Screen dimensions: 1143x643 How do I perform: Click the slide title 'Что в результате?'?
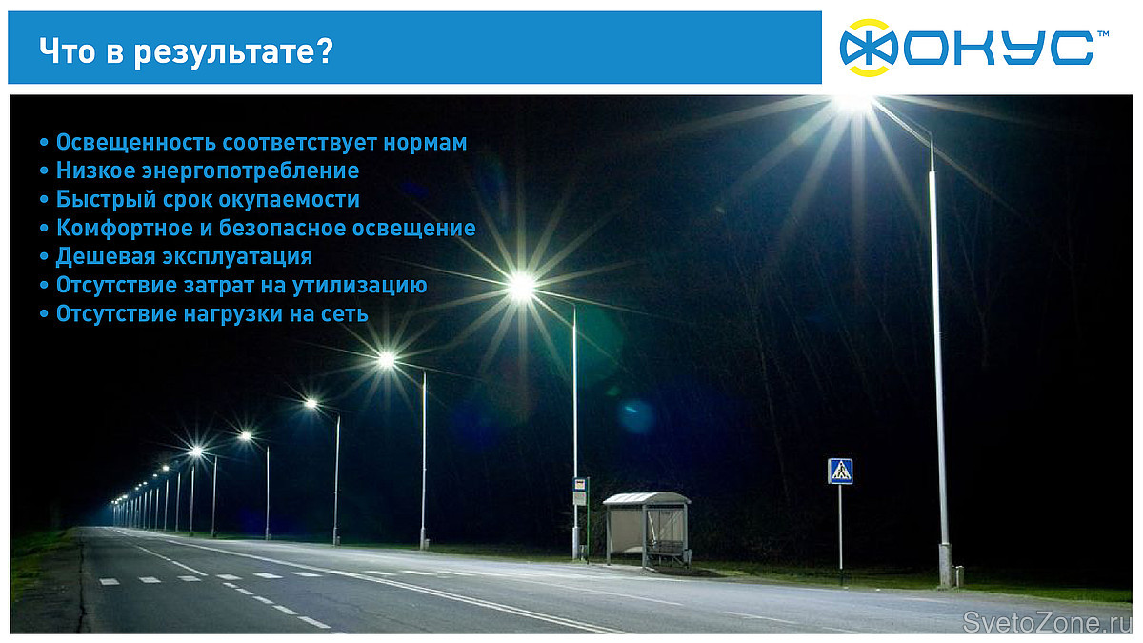187,51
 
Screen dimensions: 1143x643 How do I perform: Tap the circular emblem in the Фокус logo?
869,48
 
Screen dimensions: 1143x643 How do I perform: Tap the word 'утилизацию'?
360,285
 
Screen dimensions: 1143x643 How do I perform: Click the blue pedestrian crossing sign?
840,471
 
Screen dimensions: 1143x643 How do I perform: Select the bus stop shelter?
647,530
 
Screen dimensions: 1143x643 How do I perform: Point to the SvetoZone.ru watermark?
1040,621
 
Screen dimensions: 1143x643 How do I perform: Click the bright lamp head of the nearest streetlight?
853,104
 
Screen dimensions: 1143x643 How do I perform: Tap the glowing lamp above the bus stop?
522,287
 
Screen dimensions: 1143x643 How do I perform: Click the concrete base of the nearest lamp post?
946,566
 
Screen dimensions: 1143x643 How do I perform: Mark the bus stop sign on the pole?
580,491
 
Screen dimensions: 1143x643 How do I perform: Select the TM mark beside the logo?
1103,33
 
